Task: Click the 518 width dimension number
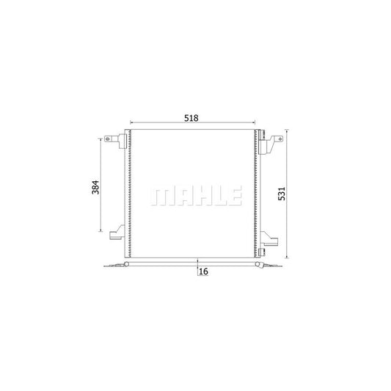[x=191, y=118]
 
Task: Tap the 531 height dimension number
[x=282, y=194]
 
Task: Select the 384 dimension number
[x=95, y=187]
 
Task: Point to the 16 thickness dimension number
[x=203, y=271]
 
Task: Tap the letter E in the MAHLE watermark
[x=235, y=196]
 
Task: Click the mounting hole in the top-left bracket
[x=108, y=139]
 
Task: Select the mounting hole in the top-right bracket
[x=279, y=139]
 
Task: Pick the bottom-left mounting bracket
[x=117, y=233]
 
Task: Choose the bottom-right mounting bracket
[x=268, y=238]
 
